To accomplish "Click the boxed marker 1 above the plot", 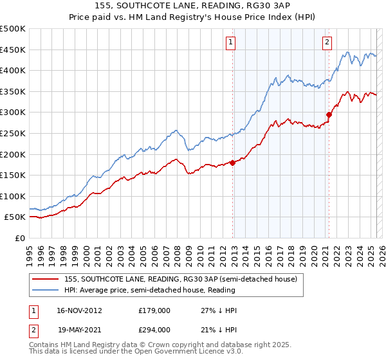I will click(x=230, y=43).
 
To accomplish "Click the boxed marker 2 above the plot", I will click(x=327, y=43).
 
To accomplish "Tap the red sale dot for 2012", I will click(x=233, y=163).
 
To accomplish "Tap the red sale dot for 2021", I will click(x=329, y=115).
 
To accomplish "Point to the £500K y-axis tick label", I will click(x=13, y=29).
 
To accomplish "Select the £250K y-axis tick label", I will click(x=13, y=133).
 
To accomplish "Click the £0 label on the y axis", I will click(x=20, y=238).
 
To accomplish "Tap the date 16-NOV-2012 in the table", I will click(x=80, y=310).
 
